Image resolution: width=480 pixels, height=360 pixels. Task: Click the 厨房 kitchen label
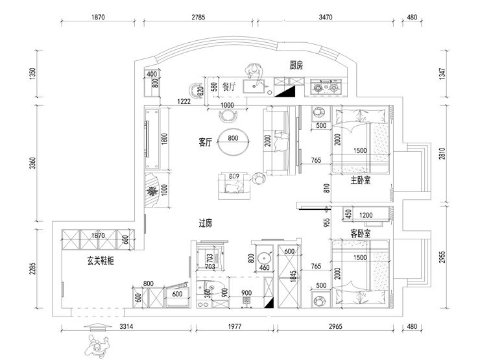click(296, 65)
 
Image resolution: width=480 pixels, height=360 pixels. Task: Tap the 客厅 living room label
click(206, 143)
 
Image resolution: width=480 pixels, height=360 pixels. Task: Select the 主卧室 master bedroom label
click(360, 181)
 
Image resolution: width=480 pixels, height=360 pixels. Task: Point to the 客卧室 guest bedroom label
click(360, 232)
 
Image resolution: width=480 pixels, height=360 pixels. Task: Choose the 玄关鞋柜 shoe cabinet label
click(101, 261)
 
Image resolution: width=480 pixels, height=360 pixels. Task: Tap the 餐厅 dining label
click(228, 86)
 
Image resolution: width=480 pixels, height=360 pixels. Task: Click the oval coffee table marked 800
click(233, 142)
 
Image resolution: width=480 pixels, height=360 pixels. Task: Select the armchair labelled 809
click(234, 184)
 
